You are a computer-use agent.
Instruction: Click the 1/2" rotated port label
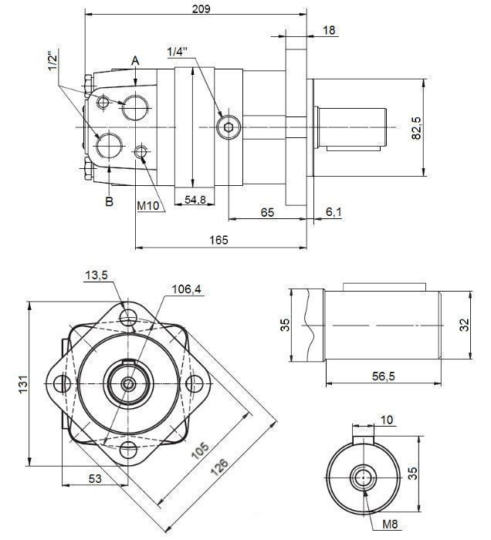click(x=52, y=62)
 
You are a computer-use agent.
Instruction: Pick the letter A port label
click(x=135, y=59)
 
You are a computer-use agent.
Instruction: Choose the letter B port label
click(x=110, y=202)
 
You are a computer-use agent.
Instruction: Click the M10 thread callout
click(x=148, y=207)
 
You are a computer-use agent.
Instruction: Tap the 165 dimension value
click(x=218, y=241)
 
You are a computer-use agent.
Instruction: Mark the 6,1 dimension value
click(x=334, y=212)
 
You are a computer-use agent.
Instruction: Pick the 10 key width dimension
click(x=386, y=420)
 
